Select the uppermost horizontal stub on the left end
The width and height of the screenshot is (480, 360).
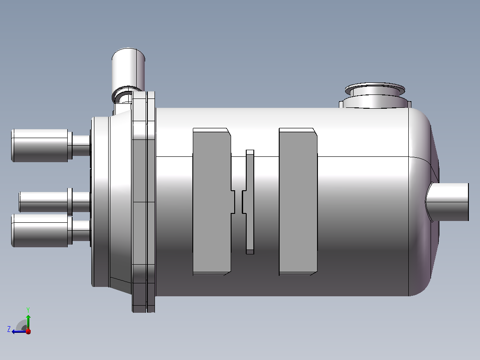[x=51, y=146]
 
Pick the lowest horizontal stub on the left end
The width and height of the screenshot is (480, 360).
[x=51, y=230]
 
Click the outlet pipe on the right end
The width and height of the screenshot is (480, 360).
[x=447, y=202]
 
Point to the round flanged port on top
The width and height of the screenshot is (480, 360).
[x=375, y=94]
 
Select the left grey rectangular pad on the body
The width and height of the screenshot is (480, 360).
[x=212, y=201]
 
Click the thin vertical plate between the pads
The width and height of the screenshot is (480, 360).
[x=250, y=202]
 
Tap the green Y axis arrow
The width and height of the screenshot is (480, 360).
[x=28, y=322]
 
